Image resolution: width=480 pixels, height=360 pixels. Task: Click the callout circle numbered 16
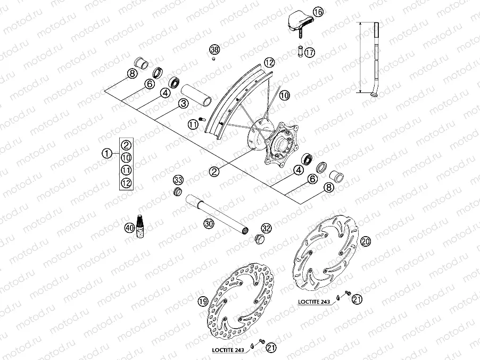318,12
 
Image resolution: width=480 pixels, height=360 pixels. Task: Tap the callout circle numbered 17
310,52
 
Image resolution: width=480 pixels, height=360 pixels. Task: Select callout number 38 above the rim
214,49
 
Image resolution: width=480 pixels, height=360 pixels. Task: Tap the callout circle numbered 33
178,179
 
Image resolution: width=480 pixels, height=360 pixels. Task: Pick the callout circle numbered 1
107,154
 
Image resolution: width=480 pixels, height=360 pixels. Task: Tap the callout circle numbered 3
183,104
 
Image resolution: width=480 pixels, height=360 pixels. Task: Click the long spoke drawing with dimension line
376,58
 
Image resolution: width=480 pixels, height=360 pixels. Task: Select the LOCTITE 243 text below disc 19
228,349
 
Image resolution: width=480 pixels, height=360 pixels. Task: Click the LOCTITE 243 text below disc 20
313,302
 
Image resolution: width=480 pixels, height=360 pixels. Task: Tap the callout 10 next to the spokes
285,96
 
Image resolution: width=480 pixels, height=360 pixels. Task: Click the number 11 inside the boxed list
126,170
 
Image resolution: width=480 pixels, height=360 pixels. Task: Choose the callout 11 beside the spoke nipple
193,124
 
